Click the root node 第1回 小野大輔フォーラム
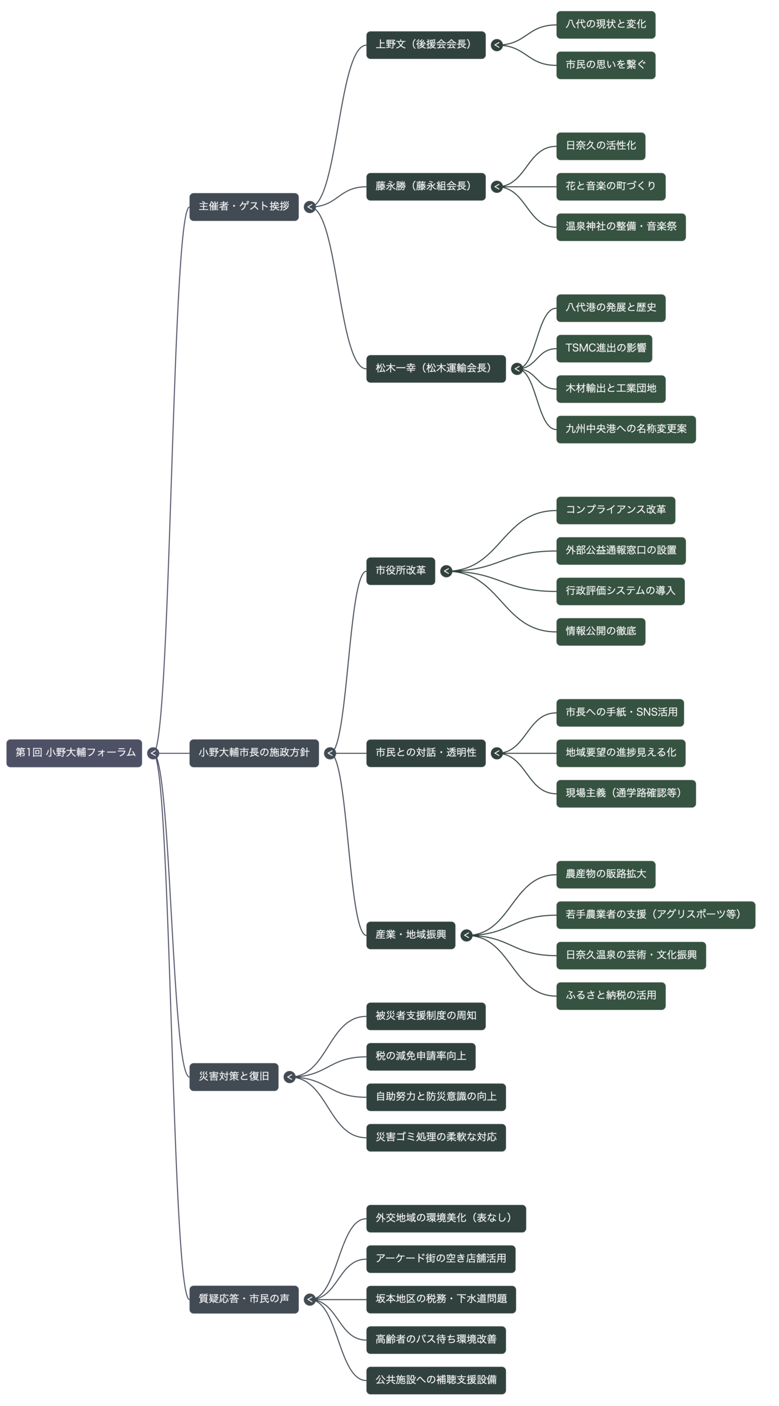pyautogui.click(x=75, y=753)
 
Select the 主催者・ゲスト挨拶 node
pyautogui.click(x=244, y=206)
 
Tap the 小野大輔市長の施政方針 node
pyautogui.click(x=254, y=753)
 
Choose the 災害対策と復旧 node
pyautogui.click(x=234, y=1076)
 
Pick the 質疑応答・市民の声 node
pyautogui.click(x=244, y=1299)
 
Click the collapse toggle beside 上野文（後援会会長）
pyautogui.click(x=497, y=45)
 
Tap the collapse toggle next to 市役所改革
pyautogui.click(x=446, y=571)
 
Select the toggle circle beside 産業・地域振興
pyautogui.click(x=466, y=935)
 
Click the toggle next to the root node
pyautogui.click(x=154, y=753)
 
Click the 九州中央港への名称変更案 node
pyautogui.click(x=626, y=429)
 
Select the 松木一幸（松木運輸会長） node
pyautogui.click(x=435, y=369)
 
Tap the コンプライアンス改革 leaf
pyautogui.click(x=615, y=510)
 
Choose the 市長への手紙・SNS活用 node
pyautogui.click(x=620, y=712)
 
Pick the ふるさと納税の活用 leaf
pyautogui.click(x=610, y=996)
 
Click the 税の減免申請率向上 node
pyautogui.click(x=420, y=1056)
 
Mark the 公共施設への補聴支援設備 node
pyautogui.click(x=435, y=1380)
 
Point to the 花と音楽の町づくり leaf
pyautogui.click(x=610, y=186)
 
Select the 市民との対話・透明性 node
pyautogui.click(x=426, y=753)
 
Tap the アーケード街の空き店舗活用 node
pyautogui.click(x=440, y=1258)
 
